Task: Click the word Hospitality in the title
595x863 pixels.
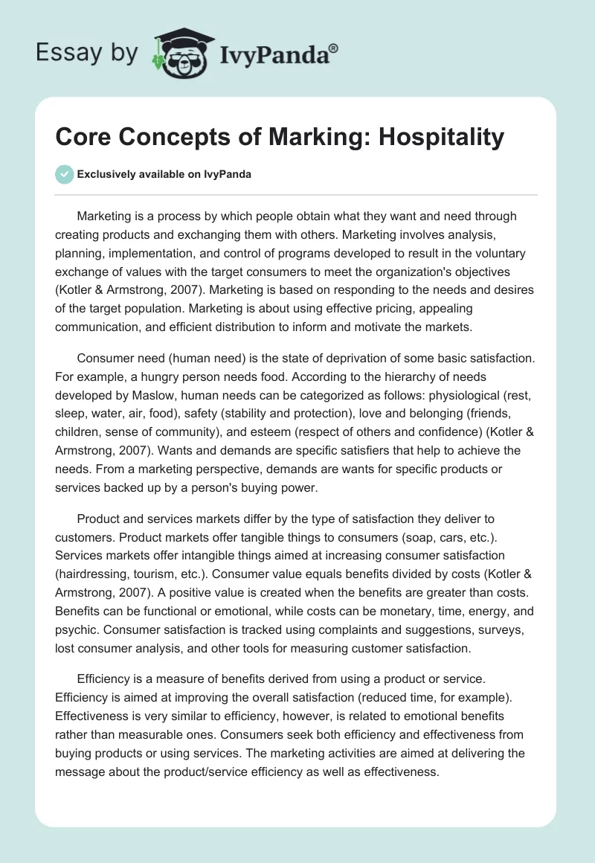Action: pyautogui.click(x=442, y=138)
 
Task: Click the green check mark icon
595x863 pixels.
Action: pyautogui.click(x=65, y=175)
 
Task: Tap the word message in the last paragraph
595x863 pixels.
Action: pyautogui.click(x=81, y=771)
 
